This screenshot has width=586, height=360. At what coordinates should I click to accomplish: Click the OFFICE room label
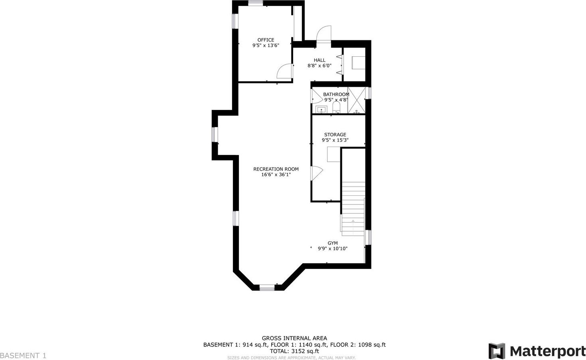266,40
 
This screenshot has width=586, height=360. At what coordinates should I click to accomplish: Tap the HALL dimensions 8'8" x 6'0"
320,66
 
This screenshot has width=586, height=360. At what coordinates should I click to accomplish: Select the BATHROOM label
336,94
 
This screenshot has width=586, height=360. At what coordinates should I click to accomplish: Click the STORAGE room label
335,135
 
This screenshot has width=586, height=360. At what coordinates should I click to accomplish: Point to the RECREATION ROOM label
276,169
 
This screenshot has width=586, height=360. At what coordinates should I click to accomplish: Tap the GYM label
332,243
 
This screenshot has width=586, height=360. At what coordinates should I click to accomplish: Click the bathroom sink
321,109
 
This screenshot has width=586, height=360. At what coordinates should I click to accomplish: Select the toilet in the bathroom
336,107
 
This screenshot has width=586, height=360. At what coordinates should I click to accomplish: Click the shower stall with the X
357,100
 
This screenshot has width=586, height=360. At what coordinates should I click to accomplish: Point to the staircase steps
353,209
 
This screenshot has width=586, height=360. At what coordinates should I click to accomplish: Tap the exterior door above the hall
324,34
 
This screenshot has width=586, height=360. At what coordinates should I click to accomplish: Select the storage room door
316,173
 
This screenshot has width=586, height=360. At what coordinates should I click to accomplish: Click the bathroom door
317,96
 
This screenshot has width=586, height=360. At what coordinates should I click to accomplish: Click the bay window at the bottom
267,288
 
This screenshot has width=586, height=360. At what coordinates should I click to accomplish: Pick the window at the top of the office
256,3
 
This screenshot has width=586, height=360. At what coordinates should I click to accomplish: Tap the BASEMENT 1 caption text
23,356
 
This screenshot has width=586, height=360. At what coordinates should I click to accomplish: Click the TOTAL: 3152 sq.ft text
294,351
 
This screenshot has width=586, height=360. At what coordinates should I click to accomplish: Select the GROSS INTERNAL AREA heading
294,338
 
